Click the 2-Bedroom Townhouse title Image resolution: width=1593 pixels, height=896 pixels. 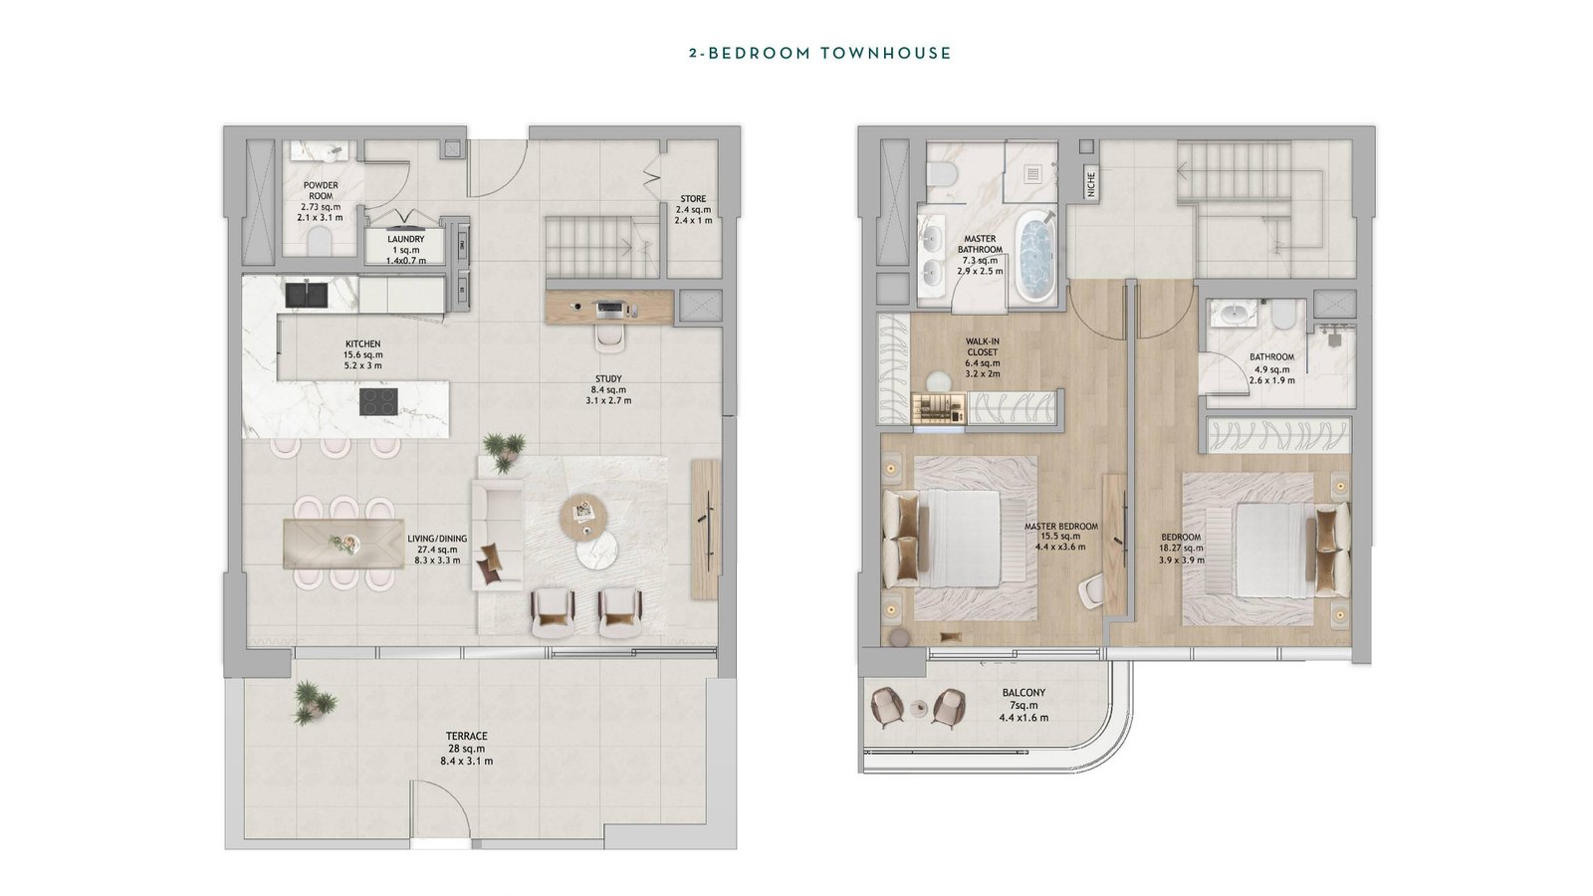[x=820, y=54]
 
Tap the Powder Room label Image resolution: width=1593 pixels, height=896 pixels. [x=321, y=190]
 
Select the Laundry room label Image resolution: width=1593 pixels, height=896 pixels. [x=406, y=240]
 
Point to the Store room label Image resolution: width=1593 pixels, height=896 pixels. [x=693, y=199]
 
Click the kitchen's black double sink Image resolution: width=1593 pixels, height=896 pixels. [x=307, y=295]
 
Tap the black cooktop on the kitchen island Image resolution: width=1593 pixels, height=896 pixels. [x=380, y=402]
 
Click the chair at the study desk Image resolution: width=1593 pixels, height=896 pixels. [x=611, y=338]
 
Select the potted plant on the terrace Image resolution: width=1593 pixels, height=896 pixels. [x=313, y=703]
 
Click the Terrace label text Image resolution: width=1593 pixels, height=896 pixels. [x=467, y=736]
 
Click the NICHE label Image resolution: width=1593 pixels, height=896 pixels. [x=1091, y=185]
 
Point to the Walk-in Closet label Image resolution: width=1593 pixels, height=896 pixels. [x=982, y=347]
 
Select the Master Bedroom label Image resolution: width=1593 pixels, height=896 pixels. [x=1061, y=527]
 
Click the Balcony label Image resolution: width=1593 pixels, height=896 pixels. [x=1024, y=693]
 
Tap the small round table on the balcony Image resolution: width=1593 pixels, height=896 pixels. [x=920, y=708]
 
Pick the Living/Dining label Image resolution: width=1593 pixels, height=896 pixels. [x=437, y=539]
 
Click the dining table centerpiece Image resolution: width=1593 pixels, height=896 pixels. [x=344, y=544]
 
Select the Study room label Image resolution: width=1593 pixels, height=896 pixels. [x=608, y=379]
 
